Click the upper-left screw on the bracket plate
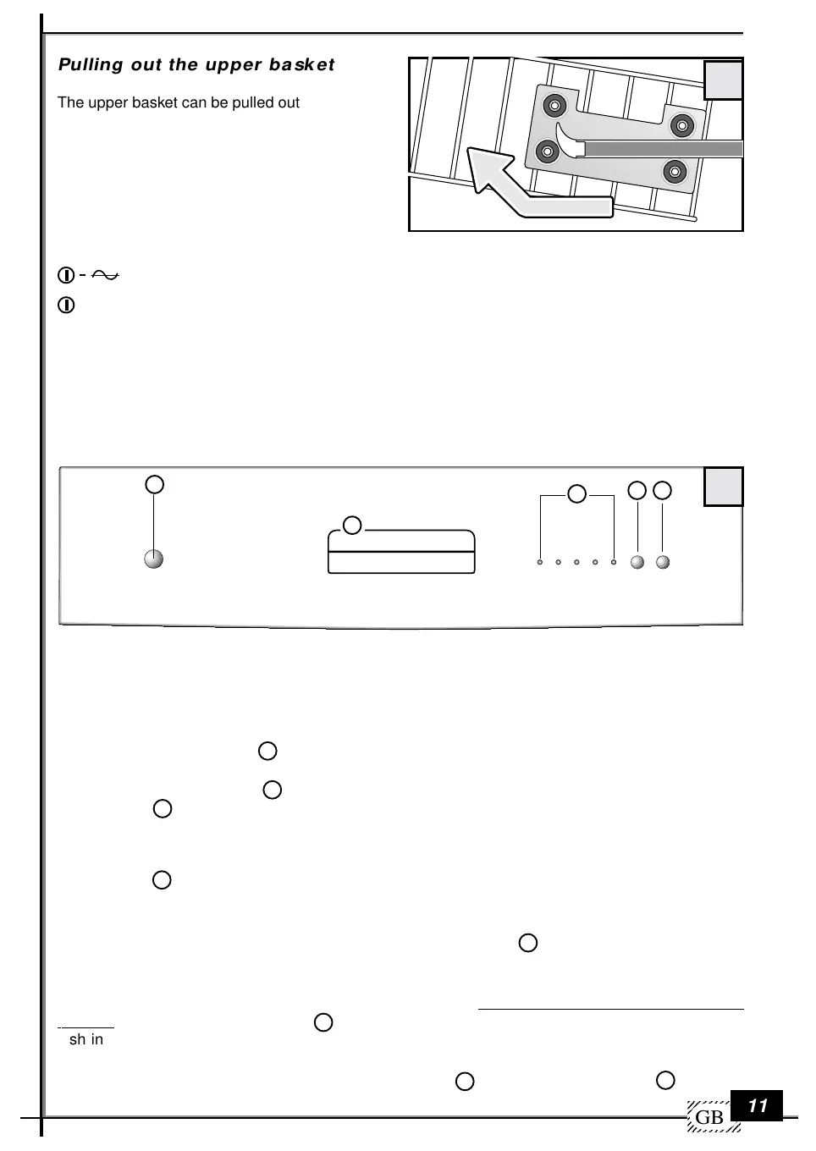pyautogui.click(x=555, y=106)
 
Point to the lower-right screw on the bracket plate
pyautogui.click(x=675, y=172)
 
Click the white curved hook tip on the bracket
pyautogui.click(x=571, y=144)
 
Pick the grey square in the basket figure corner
pyautogui.click(x=724, y=80)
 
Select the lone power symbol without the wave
pyautogui.click(x=66, y=305)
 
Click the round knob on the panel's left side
pyautogui.click(x=153, y=559)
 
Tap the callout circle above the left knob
pyautogui.click(x=154, y=484)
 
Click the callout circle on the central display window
pyautogui.click(x=352, y=526)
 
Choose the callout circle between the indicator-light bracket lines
pyautogui.click(x=576, y=493)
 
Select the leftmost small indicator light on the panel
pyautogui.click(x=540, y=562)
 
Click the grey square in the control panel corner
pyautogui.click(x=724, y=487)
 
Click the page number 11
pyautogui.click(x=758, y=1105)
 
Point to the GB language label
pyautogui.click(x=709, y=1118)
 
